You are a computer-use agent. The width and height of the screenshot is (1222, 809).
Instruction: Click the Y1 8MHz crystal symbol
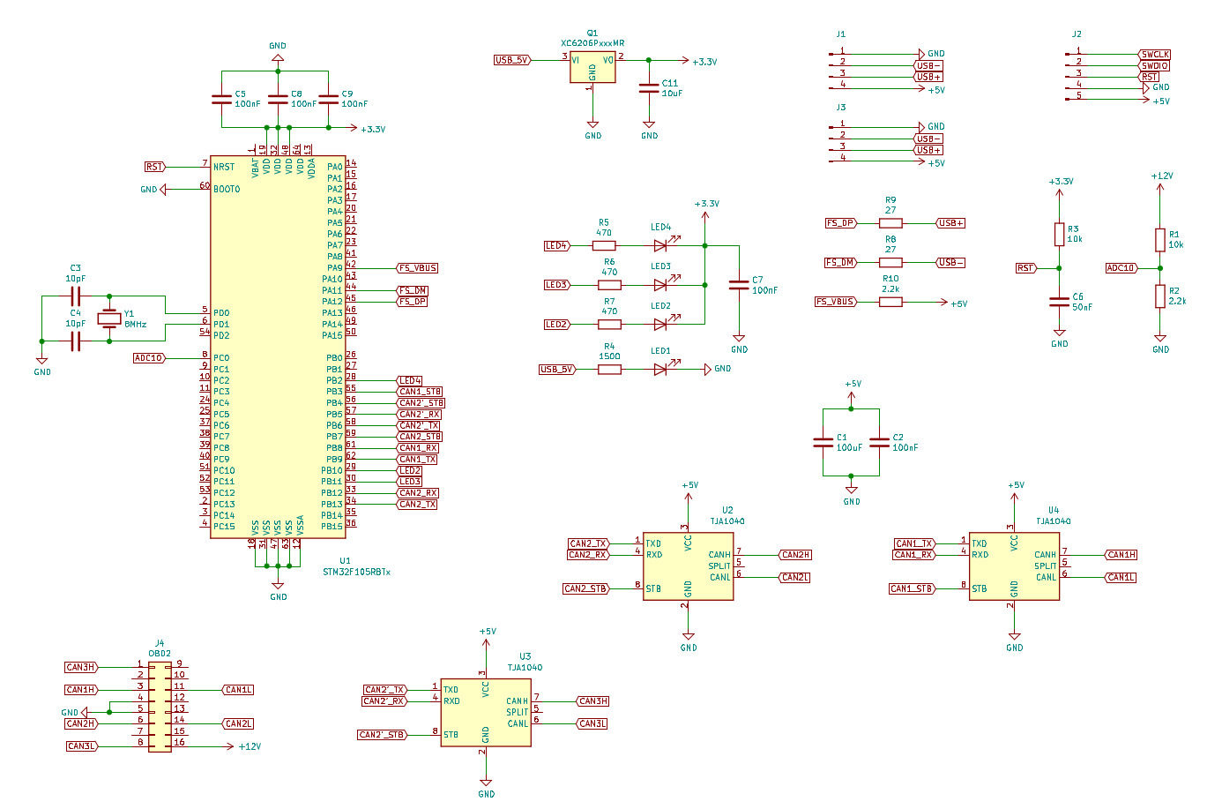click(108, 318)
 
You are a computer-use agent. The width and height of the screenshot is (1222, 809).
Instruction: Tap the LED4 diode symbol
click(660, 246)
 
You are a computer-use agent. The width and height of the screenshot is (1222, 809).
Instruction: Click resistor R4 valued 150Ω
click(609, 370)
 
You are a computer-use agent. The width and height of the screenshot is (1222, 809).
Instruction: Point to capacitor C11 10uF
click(649, 87)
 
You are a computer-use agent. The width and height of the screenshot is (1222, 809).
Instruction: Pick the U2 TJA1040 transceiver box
click(688, 566)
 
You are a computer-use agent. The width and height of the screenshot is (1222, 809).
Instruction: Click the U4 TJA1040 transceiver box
click(1014, 566)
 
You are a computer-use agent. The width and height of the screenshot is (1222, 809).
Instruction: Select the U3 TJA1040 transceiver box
click(486, 712)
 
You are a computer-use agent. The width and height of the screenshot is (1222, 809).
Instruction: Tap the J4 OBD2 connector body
click(160, 706)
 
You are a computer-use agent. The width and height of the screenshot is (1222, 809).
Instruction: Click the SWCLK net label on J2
click(1155, 55)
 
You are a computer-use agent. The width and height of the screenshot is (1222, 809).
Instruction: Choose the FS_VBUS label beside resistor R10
click(835, 302)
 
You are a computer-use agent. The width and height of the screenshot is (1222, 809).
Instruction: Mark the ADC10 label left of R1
click(1121, 268)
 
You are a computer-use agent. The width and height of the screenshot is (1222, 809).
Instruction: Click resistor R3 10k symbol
click(1059, 235)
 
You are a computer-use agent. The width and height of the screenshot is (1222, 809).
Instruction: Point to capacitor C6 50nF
click(1059, 302)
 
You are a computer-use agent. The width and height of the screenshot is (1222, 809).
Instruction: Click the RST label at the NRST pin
click(154, 167)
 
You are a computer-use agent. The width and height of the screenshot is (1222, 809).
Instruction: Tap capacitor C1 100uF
click(823, 442)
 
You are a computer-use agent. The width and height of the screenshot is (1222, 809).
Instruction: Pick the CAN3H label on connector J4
click(80, 667)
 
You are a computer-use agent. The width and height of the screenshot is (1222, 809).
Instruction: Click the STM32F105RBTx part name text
click(356, 572)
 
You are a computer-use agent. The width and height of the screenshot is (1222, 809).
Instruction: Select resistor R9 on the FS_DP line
click(890, 223)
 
